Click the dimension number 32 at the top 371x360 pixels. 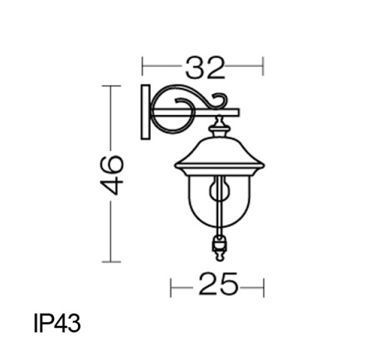pos(205,68)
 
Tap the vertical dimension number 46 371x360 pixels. pos(112,175)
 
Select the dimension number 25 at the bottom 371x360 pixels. pos(217,284)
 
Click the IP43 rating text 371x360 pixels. pos(57,323)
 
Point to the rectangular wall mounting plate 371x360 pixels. pos(145,112)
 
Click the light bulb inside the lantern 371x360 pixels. pos(219,189)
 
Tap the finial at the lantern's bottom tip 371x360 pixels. pos(220,256)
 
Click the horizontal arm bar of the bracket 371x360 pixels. pos(196,113)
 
